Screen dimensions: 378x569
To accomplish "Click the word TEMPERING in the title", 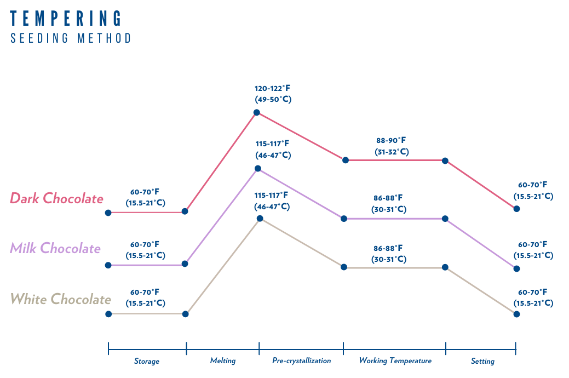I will pos(66,18).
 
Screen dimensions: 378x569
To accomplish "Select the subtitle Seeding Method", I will pos(71,38).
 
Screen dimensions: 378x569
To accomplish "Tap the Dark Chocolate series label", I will pos(56,198).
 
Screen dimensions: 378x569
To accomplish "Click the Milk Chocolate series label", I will pos(55,248).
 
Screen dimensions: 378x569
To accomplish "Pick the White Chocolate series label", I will pos(61,299).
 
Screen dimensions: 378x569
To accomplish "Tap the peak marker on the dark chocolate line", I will pos(256,113).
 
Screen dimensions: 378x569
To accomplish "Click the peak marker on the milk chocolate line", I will pos(257,169).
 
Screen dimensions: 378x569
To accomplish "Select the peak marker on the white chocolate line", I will pos(260,219).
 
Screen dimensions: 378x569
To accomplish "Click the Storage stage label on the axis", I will pos(147,362).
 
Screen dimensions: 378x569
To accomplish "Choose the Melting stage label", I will pos(223,361).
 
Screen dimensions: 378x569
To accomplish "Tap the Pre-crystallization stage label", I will pos(302,361).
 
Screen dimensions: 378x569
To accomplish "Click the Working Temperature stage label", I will pos(395,361).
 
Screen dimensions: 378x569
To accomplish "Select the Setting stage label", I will pos(482,362).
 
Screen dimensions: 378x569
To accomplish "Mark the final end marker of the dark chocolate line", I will pos(516,209).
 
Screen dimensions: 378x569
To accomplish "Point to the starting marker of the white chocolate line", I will pos(108,314).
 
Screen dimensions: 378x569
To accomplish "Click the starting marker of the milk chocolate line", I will pos(108,265).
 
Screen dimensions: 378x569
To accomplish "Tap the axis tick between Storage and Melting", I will pos(186,348).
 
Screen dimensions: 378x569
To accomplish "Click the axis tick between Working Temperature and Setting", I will pos(446,348).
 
